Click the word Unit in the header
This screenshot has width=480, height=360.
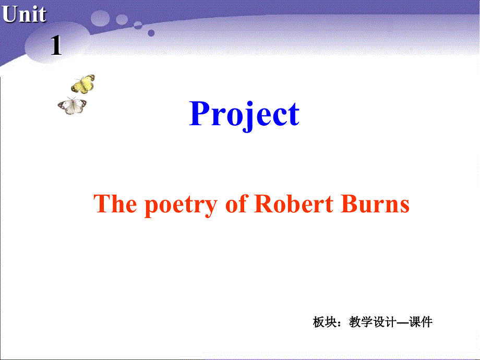coord(24,15)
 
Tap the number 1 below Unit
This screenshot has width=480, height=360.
coord(56,47)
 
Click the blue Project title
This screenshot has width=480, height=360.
coord(244,114)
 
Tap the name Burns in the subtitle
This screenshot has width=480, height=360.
coord(375,204)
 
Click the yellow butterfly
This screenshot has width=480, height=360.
coord(83,83)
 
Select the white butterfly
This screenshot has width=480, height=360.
coord(72,106)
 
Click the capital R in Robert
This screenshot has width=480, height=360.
coord(262,204)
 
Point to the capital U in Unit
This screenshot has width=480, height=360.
coord(9,15)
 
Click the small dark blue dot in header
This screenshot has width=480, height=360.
coord(151,33)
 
